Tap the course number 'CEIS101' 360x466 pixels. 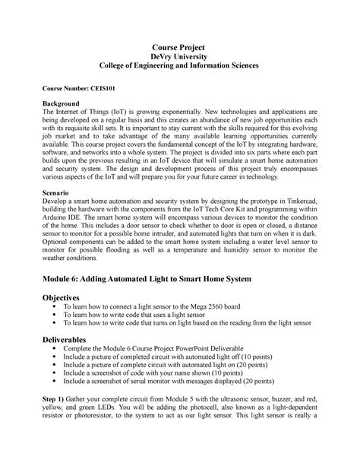pyautogui.click(x=114, y=88)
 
